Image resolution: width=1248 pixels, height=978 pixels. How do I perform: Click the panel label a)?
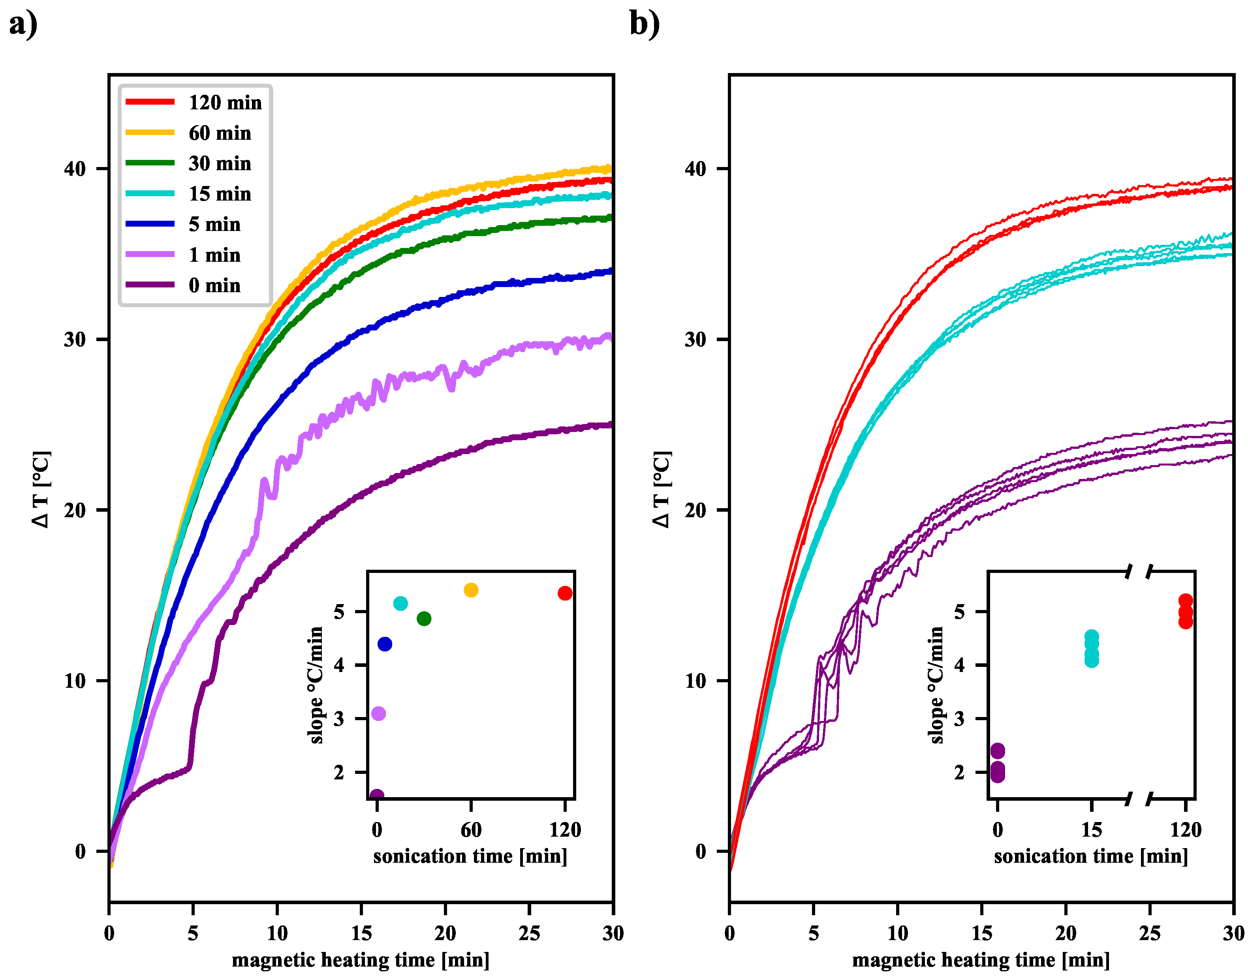(23, 24)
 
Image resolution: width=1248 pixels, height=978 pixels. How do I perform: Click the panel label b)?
(644, 24)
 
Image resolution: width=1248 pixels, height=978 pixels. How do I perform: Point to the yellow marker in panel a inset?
(471, 590)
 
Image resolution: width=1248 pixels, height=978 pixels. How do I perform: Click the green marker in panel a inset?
(424, 618)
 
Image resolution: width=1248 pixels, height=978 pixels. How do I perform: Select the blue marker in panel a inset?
(385, 644)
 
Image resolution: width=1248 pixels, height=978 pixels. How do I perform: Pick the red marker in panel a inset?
(565, 593)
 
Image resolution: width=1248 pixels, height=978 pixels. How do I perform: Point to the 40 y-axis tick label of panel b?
(695, 169)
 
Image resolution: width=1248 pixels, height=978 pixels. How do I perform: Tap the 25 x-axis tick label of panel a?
(529, 933)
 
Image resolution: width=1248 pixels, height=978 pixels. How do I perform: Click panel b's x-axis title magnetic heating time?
(981, 960)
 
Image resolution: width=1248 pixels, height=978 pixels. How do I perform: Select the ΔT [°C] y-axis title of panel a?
(41, 490)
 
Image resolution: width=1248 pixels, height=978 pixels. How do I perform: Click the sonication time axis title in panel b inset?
(1090, 857)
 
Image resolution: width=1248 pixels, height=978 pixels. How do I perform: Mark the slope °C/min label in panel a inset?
(316, 685)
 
